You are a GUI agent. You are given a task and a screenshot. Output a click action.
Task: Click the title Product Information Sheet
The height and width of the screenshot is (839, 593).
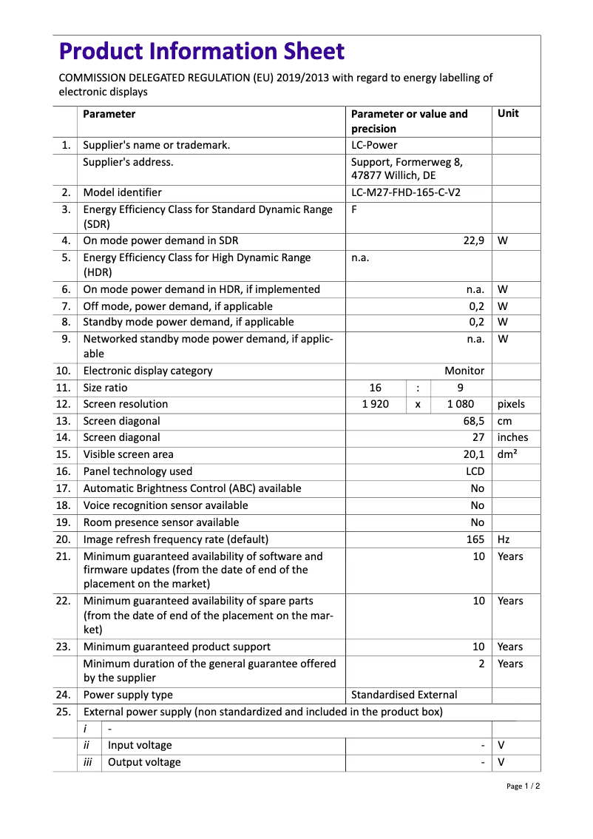201,51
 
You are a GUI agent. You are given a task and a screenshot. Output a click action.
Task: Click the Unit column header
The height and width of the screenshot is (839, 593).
508,114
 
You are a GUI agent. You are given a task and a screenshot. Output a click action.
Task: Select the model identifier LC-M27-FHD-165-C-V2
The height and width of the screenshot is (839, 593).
410,192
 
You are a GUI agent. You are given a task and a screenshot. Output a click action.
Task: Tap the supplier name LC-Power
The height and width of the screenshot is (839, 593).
373,145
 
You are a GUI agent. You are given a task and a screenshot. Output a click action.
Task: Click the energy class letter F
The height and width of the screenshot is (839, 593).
354,209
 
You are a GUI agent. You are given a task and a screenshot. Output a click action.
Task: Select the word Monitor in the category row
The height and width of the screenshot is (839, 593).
464,371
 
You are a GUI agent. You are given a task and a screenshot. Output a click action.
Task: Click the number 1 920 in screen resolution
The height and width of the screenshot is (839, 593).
376,404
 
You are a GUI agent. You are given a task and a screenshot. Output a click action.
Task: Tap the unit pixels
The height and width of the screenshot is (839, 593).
511,404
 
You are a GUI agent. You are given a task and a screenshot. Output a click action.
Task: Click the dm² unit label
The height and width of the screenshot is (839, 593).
507,454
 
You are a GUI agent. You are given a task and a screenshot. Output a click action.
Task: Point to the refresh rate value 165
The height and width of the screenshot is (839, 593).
475,539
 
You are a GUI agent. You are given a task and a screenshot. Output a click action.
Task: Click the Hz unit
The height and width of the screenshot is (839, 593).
504,539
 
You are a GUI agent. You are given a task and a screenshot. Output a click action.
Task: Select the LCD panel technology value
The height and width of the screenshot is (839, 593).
475,471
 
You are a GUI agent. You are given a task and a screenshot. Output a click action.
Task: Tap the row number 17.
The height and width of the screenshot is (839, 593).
64,488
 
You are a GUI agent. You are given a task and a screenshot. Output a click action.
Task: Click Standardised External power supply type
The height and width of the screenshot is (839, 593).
404,695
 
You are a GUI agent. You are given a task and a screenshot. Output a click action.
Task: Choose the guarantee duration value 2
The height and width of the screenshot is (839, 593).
481,664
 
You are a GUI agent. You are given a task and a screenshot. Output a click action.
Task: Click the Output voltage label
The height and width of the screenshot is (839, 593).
144,762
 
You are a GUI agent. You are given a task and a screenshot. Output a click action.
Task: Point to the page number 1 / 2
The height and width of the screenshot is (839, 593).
523,786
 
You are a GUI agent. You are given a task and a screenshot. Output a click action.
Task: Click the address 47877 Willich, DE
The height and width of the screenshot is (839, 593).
393,176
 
